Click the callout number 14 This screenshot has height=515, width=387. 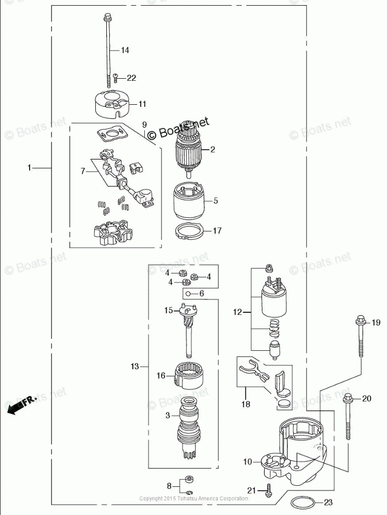pos(125,51)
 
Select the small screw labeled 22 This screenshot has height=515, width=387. pos(115,78)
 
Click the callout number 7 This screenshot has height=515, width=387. pos(82,170)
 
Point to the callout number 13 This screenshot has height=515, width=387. pos(135,367)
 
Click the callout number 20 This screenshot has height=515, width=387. pos(367,399)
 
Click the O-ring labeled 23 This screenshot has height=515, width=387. pos(303,503)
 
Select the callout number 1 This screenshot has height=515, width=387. pos(30,168)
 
